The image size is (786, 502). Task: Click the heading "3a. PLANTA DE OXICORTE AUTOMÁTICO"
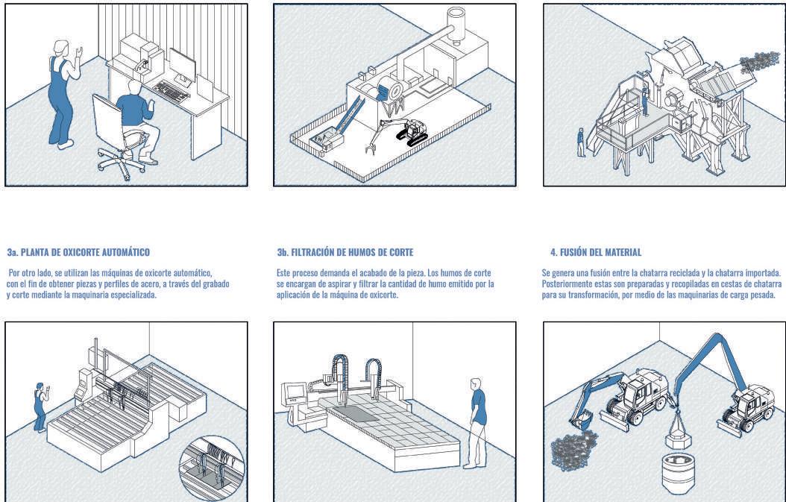click(x=78, y=253)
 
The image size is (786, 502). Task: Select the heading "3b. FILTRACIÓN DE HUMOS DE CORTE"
click(x=345, y=253)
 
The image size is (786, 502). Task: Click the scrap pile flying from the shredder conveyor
click(x=761, y=63)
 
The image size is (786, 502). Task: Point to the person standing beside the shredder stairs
click(x=580, y=142)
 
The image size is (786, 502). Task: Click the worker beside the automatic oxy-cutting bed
click(x=38, y=407)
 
